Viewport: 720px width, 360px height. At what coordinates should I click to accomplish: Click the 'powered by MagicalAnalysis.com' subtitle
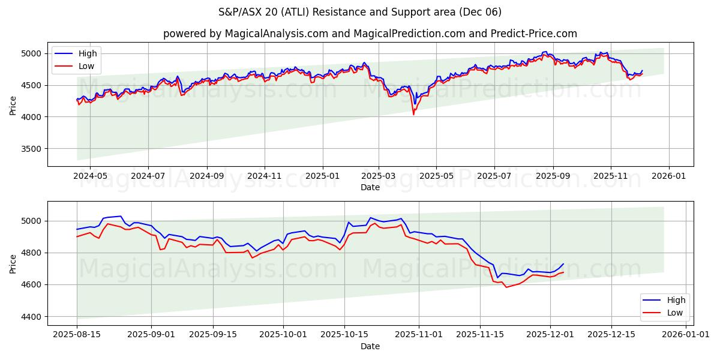[370, 34]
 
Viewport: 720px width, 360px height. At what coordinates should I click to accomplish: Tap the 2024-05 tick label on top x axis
[90, 176]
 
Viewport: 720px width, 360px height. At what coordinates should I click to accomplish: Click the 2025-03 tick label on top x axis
[379, 176]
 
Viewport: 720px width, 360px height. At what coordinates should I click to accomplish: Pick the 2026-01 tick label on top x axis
[668, 176]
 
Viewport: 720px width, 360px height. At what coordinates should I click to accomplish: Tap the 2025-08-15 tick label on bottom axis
[77, 335]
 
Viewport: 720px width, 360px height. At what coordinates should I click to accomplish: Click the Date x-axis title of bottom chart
[370, 346]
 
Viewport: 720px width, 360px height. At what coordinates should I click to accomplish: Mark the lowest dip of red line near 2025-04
[413, 114]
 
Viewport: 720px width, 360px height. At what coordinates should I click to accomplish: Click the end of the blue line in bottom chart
[563, 264]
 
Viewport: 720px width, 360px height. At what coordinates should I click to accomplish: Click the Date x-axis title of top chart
[370, 187]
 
